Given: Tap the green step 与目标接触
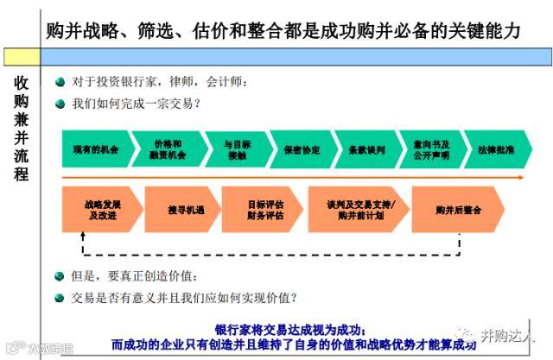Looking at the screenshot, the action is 235,149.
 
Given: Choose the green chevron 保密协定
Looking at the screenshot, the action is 301,149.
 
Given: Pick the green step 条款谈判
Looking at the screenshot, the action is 366,149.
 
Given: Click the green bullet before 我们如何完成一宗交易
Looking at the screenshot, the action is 60,104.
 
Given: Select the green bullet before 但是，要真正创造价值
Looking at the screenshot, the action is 60,276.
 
